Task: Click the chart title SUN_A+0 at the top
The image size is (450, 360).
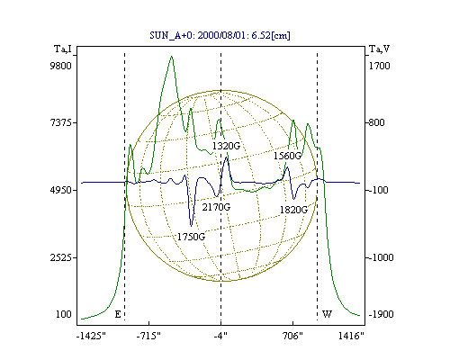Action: [x=220, y=35]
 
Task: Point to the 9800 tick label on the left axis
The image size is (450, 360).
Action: [x=61, y=66]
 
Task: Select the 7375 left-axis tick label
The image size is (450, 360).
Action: [x=61, y=122]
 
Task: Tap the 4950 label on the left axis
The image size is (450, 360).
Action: [x=61, y=190]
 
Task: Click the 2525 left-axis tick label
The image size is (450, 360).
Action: [x=61, y=257]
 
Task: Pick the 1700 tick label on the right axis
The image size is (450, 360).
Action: [x=379, y=66]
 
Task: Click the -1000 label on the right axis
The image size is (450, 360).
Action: [x=381, y=257]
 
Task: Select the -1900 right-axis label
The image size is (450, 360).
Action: [x=381, y=314]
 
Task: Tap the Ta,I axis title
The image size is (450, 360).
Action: [x=63, y=49]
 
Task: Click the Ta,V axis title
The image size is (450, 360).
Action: [x=379, y=49]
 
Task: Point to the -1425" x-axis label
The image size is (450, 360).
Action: [x=91, y=336]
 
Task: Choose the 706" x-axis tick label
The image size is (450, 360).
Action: [x=292, y=336]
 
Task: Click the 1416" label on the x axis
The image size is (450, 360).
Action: [x=351, y=336]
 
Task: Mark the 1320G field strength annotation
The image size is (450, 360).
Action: [x=226, y=146]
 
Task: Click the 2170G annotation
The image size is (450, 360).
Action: [x=216, y=207]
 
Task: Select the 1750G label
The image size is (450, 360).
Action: [x=191, y=237]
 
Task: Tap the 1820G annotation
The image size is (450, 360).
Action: [x=293, y=210]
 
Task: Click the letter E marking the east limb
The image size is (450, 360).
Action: [x=118, y=314]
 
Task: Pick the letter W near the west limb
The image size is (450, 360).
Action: [x=327, y=314]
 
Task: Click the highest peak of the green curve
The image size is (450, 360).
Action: [x=171, y=56]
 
